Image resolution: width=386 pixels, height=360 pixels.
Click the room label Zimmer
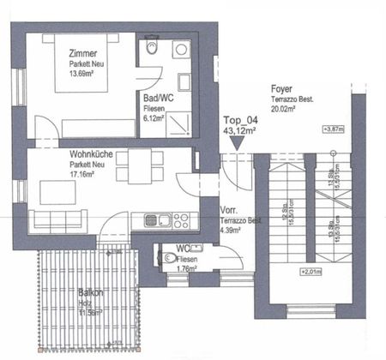pyautogui.click(x=81, y=53)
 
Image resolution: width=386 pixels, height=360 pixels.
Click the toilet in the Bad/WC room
pyautogui.click(x=153, y=49)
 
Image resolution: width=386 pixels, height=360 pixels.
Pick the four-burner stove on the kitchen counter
pyautogui.click(x=181, y=219)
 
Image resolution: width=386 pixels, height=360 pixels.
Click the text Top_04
pyautogui.click(x=240, y=121)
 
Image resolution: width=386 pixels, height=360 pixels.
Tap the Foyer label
pyautogui.click(x=282, y=88)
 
